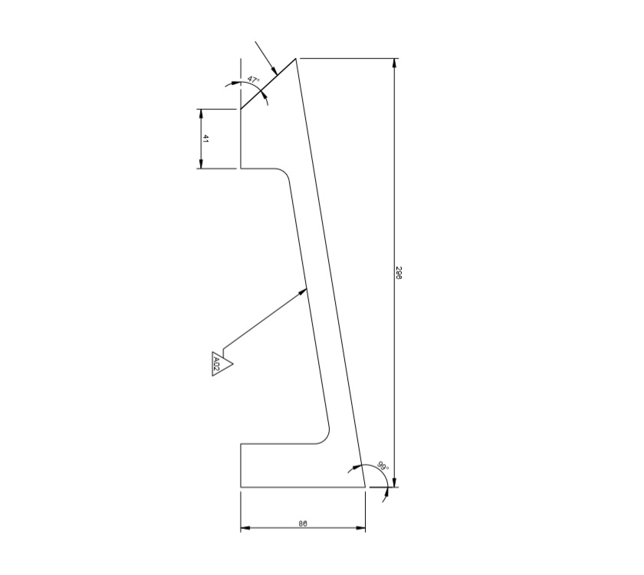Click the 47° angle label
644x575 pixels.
(254, 80)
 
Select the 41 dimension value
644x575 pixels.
(206, 139)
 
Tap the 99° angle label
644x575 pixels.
(383, 466)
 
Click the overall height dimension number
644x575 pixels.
(399, 273)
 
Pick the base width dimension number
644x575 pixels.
(303, 524)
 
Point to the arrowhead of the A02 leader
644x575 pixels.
(304, 289)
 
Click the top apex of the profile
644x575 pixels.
(297, 58)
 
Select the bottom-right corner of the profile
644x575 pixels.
(365, 487)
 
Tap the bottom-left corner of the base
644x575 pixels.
(241, 487)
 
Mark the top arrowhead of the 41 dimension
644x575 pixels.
(201, 113)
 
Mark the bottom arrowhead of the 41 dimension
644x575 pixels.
(201, 164)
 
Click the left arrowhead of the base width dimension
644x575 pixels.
(245, 528)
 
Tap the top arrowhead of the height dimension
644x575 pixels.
(395, 62)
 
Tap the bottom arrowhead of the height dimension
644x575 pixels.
(395, 482)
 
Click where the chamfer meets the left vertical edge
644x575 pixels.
(241, 109)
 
